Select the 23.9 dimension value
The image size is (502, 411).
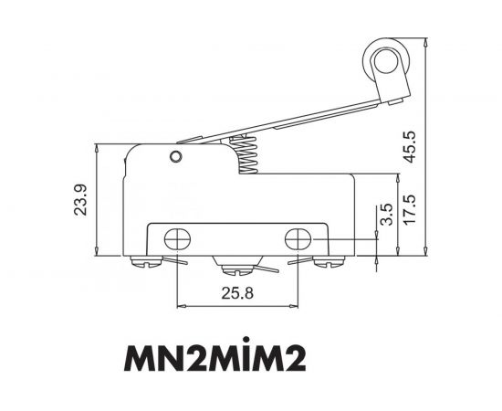tap(80, 201)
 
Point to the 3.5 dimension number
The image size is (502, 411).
tap(384, 216)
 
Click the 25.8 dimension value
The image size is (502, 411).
tap(236, 294)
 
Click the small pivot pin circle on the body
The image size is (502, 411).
tap(173, 157)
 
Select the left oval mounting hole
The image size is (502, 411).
tap(176, 240)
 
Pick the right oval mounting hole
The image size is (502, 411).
tap(298, 240)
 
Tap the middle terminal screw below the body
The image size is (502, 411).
tap(235, 269)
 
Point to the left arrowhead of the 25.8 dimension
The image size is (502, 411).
tap(180, 305)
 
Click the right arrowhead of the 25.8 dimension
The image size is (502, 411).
tap(295, 305)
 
